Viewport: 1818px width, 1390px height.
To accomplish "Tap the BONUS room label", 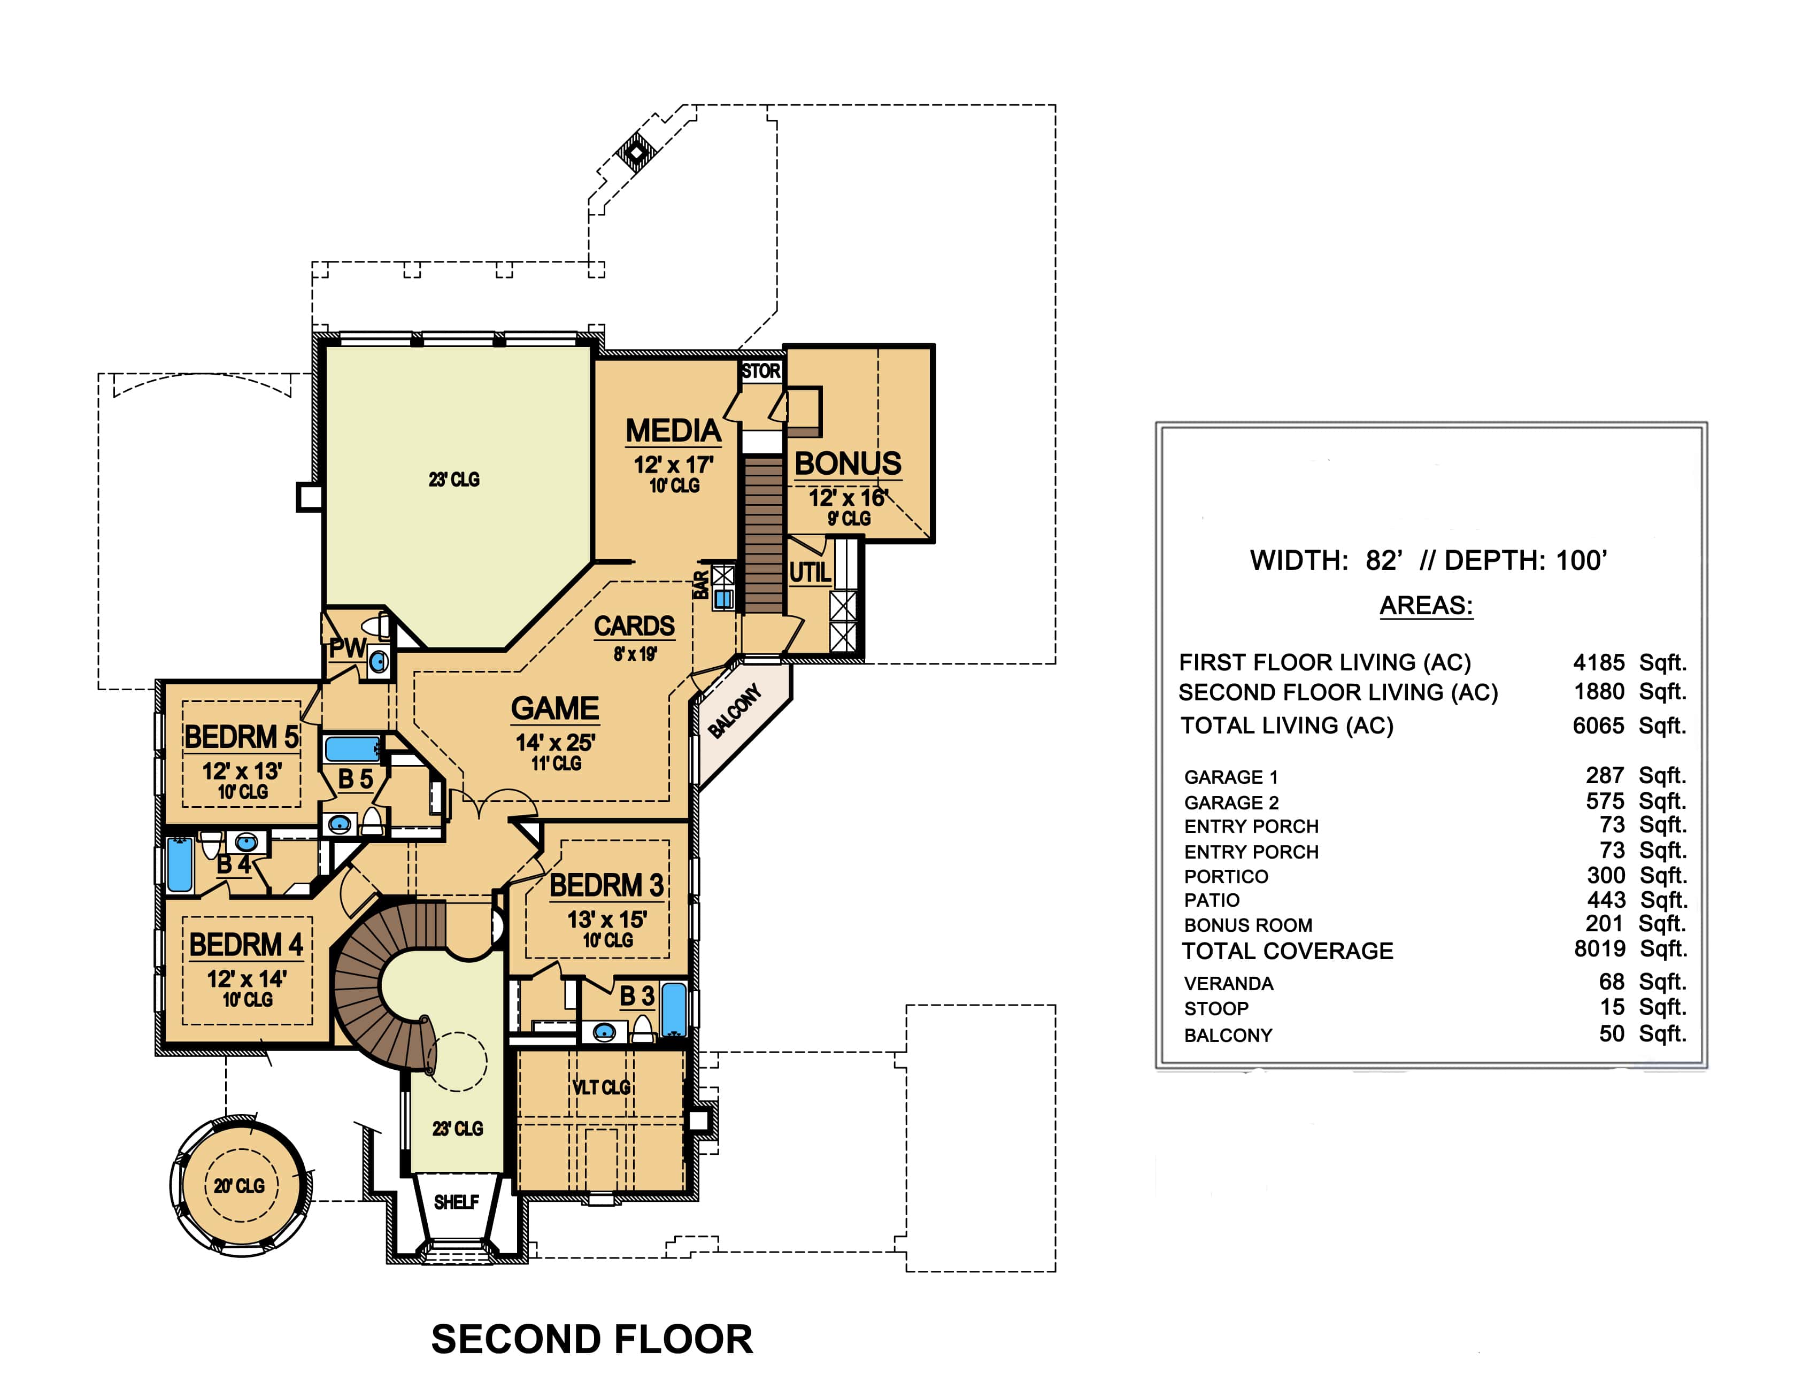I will tap(848, 464).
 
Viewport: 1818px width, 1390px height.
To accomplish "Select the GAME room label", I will tap(554, 708).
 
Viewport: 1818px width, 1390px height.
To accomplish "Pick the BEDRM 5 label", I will tap(242, 736).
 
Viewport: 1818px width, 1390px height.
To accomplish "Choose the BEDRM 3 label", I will tap(606, 885).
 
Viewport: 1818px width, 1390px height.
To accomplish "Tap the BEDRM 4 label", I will tap(246, 944).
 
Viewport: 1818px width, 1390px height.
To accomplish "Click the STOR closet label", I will tap(760, 372).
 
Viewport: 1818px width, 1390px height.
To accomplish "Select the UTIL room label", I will tap(810, 573).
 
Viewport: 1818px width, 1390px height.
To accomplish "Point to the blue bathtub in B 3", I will tap(674, 1009).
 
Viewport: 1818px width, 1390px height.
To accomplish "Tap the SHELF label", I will tap(456, 1201).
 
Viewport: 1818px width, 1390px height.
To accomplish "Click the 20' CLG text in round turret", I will tap(239, 1186).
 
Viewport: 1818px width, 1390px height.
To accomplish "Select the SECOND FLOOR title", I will tap(592, 1340).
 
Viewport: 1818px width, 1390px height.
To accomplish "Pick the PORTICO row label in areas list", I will tap(1226, 876).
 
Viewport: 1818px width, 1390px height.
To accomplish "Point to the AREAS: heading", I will tap(1426, 605).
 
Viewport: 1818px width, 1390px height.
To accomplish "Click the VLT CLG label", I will tap(602, 1087).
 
